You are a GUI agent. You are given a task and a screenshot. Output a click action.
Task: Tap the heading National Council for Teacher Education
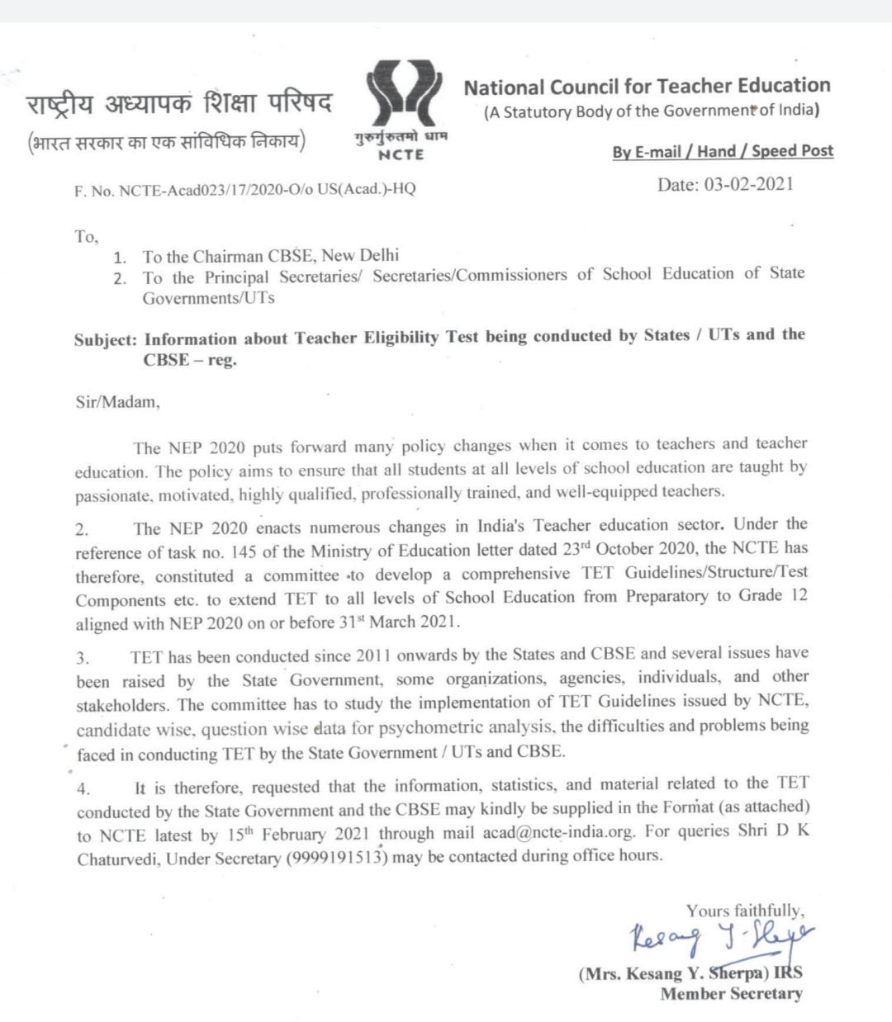(647, 87)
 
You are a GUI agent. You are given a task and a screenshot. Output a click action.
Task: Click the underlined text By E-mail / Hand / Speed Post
(723, 151)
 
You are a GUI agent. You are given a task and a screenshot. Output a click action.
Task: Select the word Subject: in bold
(105, 340)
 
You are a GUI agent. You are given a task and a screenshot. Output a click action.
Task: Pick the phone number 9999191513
(337, 858)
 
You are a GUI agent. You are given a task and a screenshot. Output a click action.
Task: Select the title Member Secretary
(731, 994)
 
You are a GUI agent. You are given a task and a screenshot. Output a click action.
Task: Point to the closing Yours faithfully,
(744, 911)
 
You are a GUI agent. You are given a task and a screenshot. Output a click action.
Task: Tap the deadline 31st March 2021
(399, 622)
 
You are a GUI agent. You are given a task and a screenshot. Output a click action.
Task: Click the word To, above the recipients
(86, 237)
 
